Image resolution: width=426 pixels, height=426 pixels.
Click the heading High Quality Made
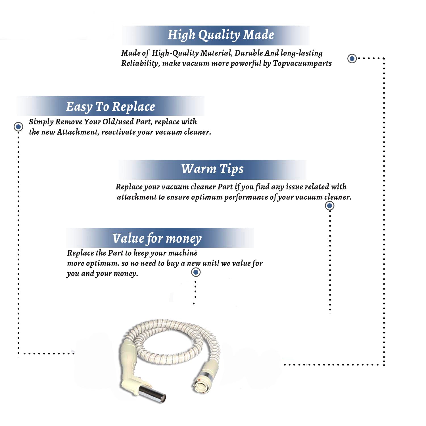[221, 35]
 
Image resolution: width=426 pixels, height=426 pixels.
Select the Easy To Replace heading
[110, 107]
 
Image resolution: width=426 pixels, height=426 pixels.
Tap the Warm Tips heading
[212, 169]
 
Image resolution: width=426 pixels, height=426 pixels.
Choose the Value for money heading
[157, 239]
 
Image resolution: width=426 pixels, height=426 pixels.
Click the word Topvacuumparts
[302, 63]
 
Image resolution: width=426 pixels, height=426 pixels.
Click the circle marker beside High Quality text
[352, 59]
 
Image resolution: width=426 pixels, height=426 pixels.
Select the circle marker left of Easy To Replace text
[18, 127]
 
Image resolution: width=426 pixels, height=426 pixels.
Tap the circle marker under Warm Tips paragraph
[329, 206]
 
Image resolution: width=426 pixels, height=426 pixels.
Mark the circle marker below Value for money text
[196, 272]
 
